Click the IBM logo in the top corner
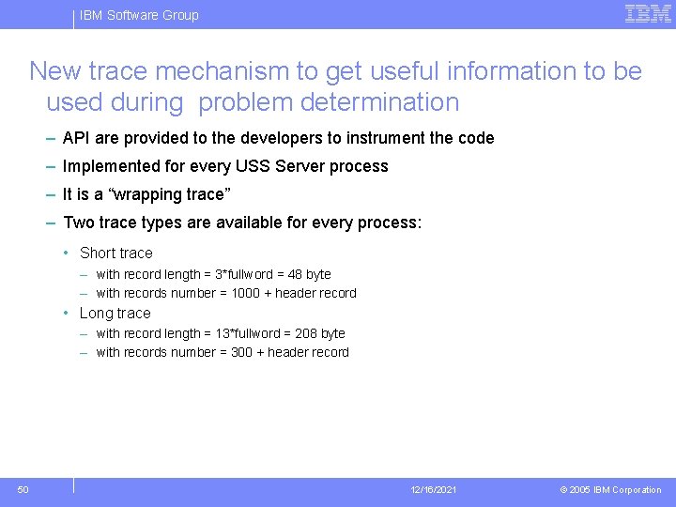click(648, 13)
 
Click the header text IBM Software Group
click(139, 15)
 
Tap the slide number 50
click(23, 489)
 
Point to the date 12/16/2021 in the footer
click(434, 490)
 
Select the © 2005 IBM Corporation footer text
click(610, 490)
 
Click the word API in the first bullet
click(76, 138)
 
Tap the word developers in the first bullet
click(281, 138)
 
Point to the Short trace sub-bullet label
click(115, 253)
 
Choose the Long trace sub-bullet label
click(115, 313)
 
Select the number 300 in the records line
click(241, 352)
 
